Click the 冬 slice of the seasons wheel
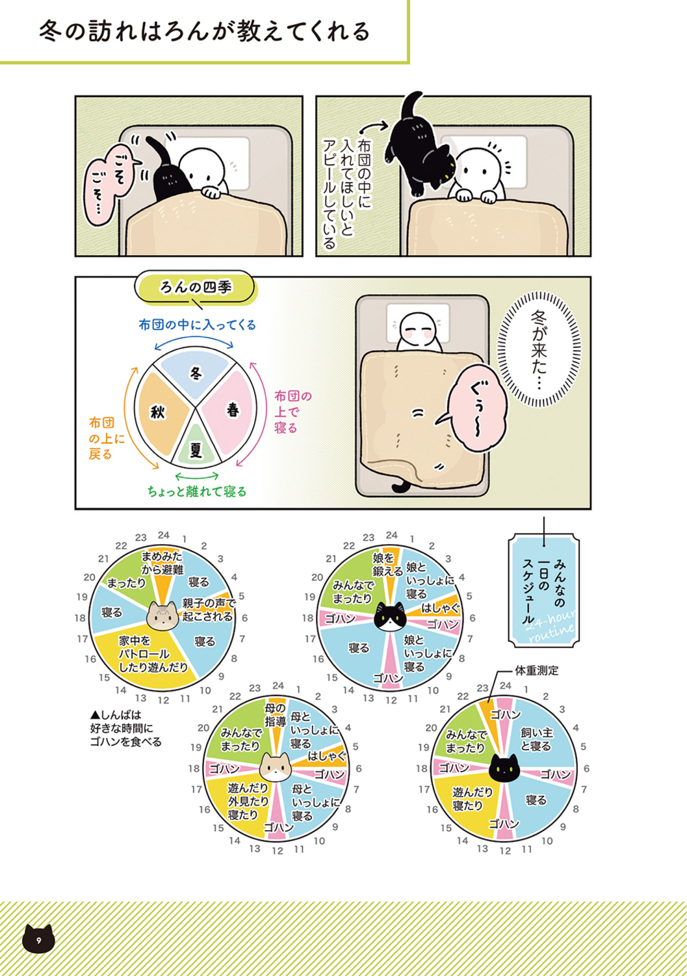(x=196, y=374)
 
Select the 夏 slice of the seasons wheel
(x=196, y=448)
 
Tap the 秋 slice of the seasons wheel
(x=159, y=413)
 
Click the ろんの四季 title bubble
(x=196, y=288)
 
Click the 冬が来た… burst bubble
(x=539, y=347)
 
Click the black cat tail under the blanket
(x=398, y=486)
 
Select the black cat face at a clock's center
(x=504, y=769)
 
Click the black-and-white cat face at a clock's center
(x=389, y=616)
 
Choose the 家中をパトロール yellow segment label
(x=153, y=655)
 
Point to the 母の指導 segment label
(x=275, y=715)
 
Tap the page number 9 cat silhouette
(x=38, y=940)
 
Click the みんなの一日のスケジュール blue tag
(x=543, y=590)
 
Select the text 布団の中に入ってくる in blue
(x=197, y=325)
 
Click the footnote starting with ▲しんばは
(x=125, y=728)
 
